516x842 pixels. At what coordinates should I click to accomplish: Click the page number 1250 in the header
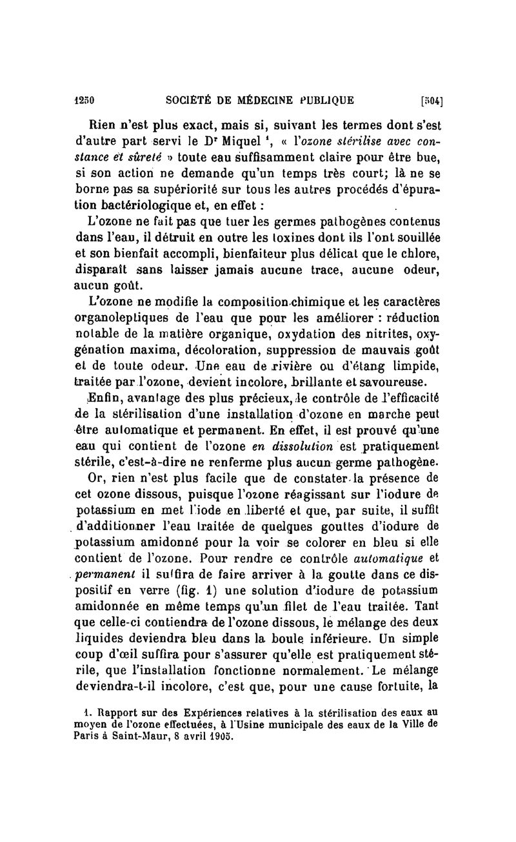coord(84,100)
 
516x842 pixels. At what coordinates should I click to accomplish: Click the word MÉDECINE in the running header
coord(264,100)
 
